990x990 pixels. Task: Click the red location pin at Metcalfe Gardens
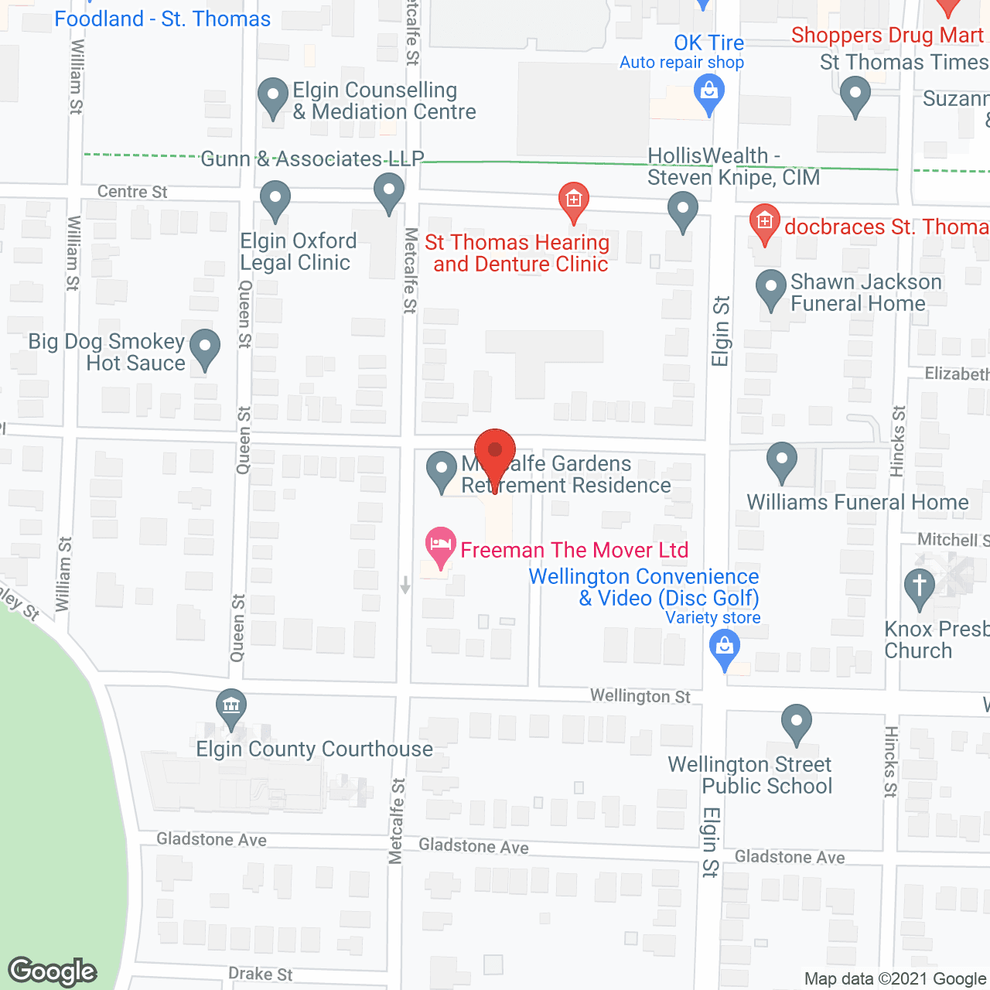point(494,451)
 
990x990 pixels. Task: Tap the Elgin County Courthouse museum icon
point(231,705)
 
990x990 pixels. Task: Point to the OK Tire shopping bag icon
point(709,94)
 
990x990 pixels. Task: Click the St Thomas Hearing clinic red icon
point(573,200)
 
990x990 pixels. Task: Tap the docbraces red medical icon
point(764,221)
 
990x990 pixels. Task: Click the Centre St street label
point(132,192)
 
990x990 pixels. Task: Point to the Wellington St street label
point(640,696)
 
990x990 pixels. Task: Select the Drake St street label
point(260,974)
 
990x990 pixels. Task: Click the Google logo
point(53,971)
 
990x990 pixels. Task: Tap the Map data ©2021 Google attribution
point(896,979)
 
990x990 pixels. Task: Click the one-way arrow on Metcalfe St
point(405,585)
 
